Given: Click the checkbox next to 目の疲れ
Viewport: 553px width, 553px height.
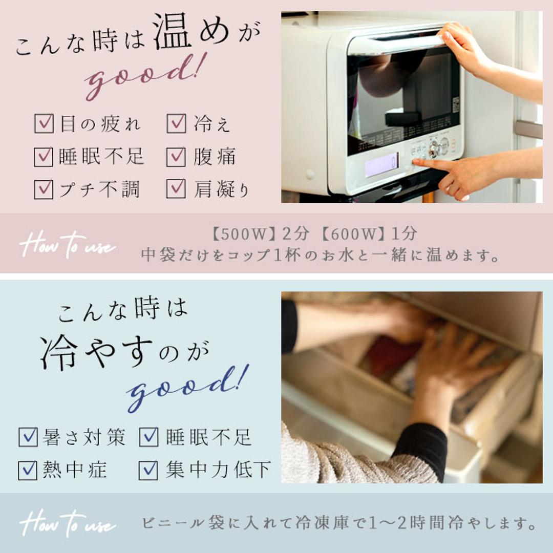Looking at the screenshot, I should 44,124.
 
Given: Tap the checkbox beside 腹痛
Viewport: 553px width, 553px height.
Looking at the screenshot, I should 176,157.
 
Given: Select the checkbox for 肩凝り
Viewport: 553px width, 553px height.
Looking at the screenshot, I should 176,189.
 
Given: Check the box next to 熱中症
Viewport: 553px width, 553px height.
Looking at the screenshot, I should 28,470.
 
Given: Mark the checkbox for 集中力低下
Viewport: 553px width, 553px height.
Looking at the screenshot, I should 148,470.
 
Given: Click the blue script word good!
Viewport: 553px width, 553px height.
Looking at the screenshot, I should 187,389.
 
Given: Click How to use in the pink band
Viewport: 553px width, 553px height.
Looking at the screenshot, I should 67,245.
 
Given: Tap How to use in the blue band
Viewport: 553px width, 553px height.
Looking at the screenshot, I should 67,523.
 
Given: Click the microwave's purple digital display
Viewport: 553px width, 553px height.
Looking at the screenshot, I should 381,165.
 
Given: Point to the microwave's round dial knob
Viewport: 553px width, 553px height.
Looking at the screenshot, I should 434,149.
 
